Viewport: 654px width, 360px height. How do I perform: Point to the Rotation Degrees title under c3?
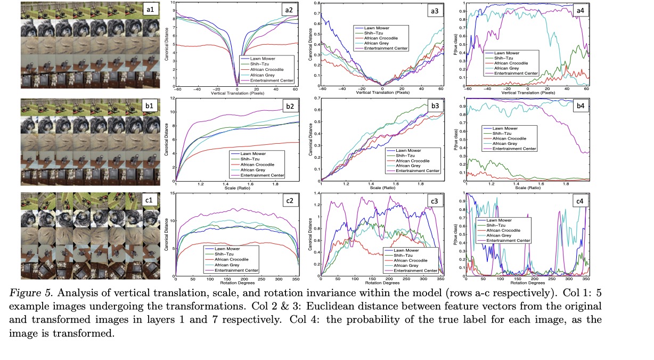[382, 283]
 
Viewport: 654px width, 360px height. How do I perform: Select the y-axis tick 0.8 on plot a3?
[315, 3]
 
